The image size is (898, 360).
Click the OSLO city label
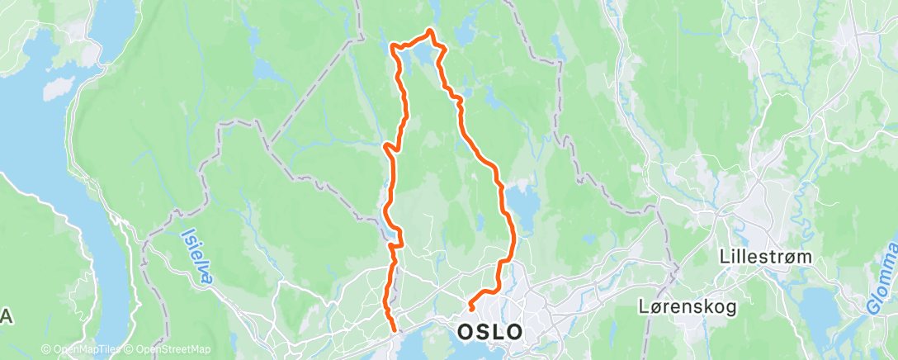(x=489, y=332)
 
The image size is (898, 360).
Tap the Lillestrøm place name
(x=765, y=257)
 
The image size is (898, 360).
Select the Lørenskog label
(x=687, y=306)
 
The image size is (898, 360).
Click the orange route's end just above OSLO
(x=470, y=306)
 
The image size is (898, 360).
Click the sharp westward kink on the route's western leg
(x=385, y=147)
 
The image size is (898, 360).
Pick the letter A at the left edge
(x=6, y=316)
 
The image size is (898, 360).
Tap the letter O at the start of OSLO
(x=465, y=332)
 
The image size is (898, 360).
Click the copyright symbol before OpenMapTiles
(x=45, y=349)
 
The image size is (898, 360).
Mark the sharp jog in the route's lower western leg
(x=399, y=239)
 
